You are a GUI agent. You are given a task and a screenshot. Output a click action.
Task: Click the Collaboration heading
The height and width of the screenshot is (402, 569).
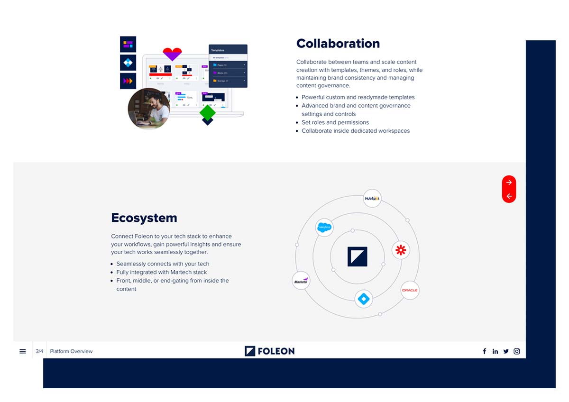pos(338,44)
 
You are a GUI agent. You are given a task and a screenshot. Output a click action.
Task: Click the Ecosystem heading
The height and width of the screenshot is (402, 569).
pos(144,218)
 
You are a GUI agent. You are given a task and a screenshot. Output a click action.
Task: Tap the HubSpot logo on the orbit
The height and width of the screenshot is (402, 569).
pos(372,198)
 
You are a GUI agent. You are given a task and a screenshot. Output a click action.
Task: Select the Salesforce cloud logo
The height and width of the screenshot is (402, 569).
pos(324,228)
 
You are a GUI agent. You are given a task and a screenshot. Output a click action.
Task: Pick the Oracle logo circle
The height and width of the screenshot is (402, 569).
pos(410,290)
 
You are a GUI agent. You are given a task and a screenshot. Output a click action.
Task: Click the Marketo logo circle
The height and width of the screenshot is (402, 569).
pos(301,281)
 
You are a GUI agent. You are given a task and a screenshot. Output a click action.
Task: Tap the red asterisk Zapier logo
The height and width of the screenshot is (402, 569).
pos(401,250)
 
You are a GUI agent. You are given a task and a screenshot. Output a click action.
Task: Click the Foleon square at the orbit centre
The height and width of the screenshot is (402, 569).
pos(357,256)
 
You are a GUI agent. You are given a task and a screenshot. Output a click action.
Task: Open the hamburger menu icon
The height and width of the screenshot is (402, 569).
pos(22,351)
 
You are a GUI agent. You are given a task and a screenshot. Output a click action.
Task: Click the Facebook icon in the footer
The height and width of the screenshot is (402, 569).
pos(484,351)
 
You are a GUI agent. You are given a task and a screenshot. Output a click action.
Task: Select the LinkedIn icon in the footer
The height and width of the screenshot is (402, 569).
pos(495,351)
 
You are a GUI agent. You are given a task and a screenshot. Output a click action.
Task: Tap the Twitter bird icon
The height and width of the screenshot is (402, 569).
pos(506,351)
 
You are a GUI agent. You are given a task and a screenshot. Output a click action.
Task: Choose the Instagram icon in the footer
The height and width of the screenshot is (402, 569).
pos(517,351)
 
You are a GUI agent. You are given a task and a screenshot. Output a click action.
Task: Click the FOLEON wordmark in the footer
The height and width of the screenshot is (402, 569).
pos(269,351)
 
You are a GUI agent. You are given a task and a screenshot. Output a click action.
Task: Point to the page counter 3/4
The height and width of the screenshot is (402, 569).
pos(39,351)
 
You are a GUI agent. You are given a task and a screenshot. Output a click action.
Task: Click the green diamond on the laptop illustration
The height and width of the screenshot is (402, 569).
pos(207,113)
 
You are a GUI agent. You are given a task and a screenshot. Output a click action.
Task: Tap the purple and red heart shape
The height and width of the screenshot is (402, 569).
pos(172,54)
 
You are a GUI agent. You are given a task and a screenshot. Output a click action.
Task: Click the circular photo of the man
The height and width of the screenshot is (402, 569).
pos(148,109)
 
